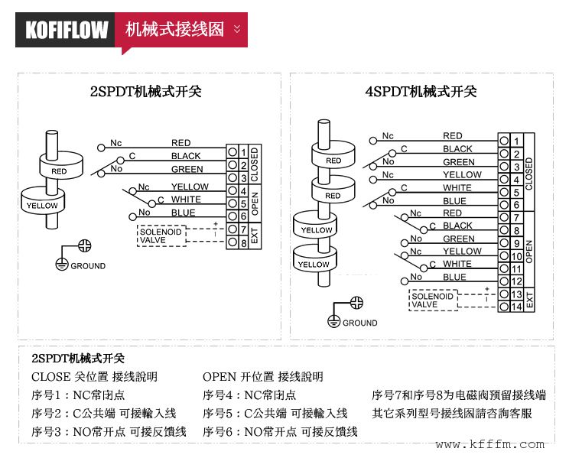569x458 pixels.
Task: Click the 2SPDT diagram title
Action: [146, 92]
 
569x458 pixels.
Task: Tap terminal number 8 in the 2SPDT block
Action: [243, 242]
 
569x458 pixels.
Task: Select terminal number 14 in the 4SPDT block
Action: [517, 307]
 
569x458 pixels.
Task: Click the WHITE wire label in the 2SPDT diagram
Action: [186, 200]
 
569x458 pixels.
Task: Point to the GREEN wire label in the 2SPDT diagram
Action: [187, 169]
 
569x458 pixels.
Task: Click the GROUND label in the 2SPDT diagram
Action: [88, 266]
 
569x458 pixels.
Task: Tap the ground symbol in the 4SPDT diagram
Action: [334, 313]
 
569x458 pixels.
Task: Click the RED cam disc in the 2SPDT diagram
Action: [59, 170]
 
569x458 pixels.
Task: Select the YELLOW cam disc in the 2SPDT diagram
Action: [42, 204]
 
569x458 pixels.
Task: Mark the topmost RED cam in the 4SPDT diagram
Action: [333, 160]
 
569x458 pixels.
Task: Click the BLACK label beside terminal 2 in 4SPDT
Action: [457, 149]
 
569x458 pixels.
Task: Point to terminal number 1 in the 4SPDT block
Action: [517, 141]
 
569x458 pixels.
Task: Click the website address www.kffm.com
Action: [490, 444]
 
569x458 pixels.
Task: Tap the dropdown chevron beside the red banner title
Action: [236, 29]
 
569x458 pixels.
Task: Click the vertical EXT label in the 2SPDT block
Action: [255, 235]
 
